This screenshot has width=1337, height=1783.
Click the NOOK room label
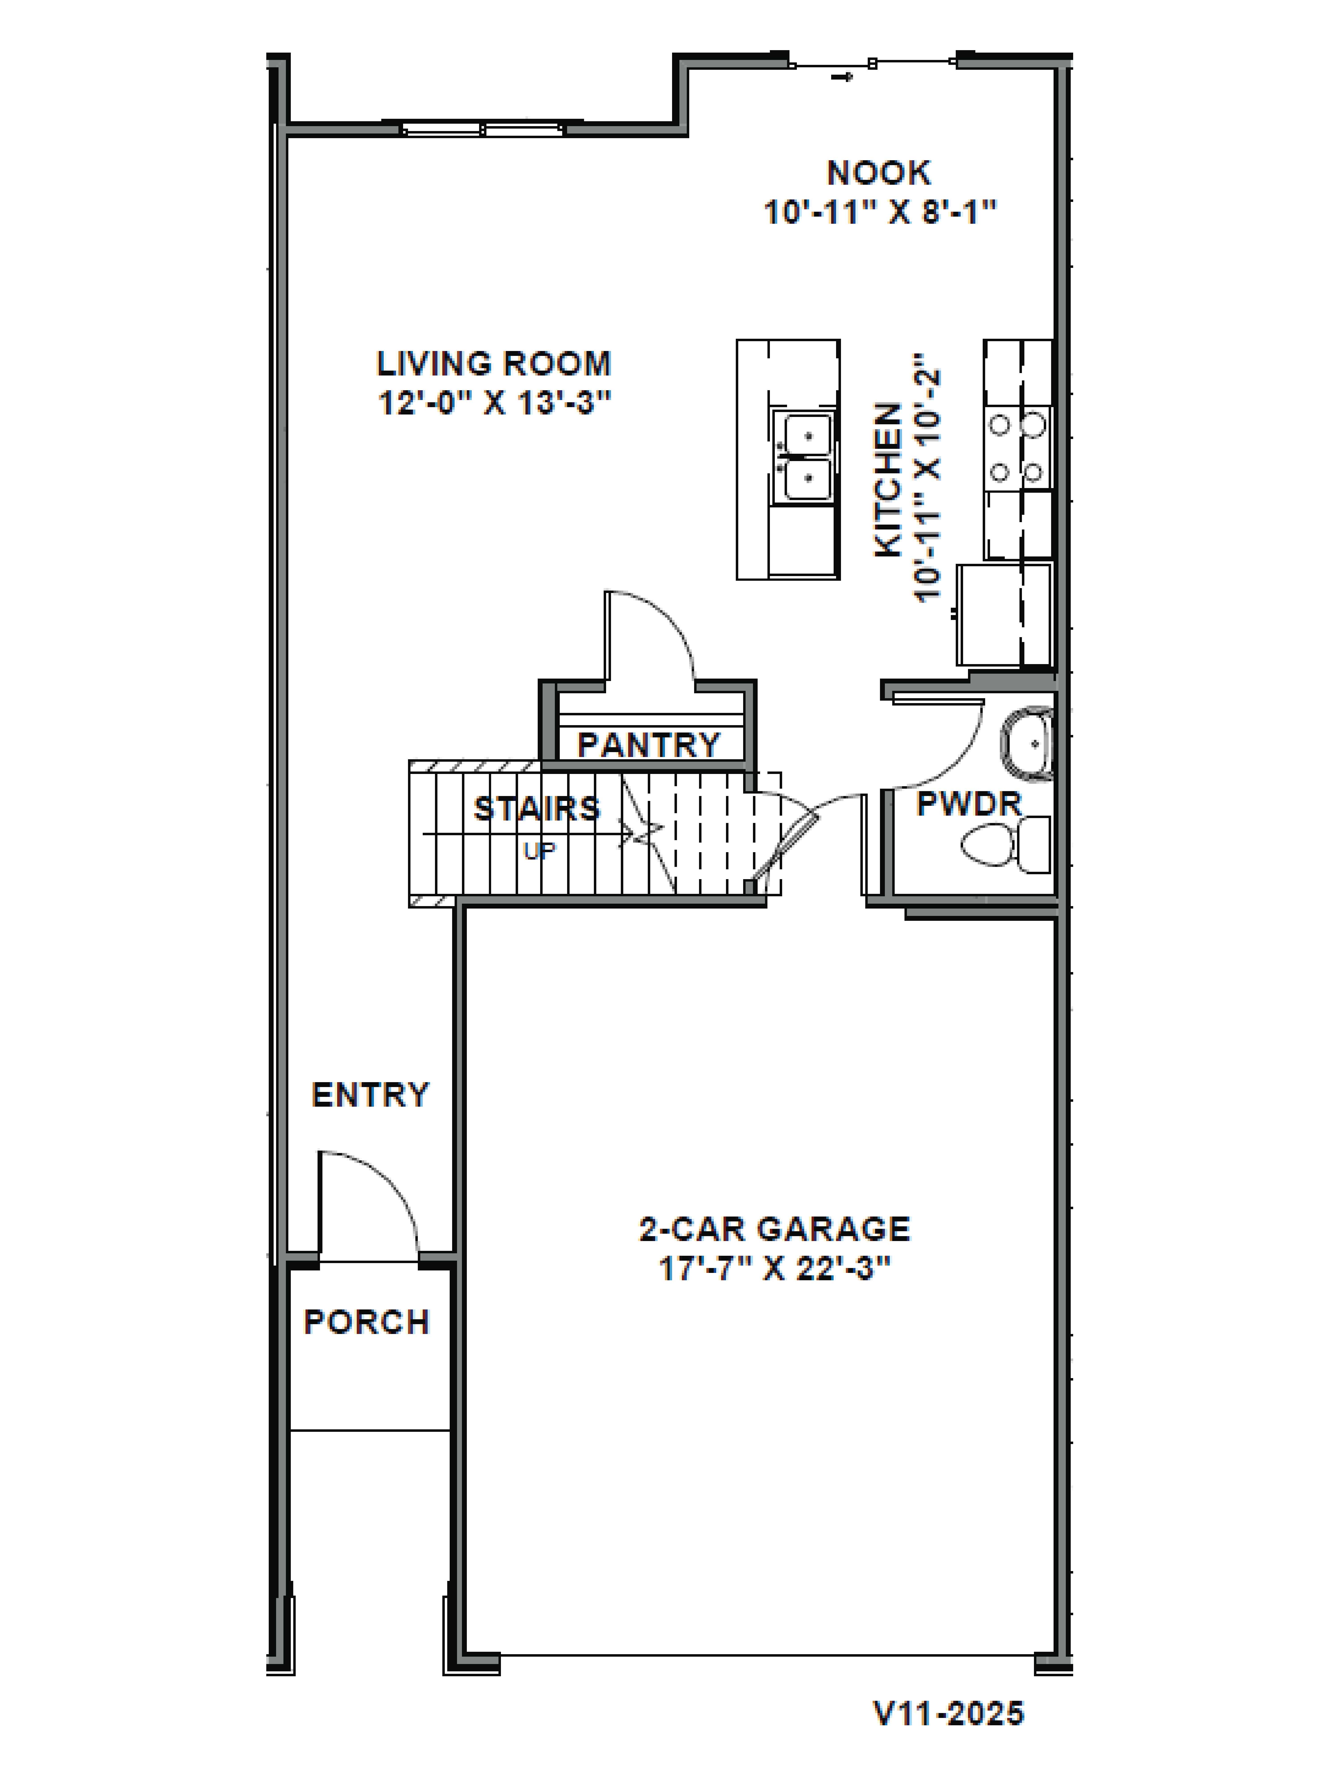tap(878, 173)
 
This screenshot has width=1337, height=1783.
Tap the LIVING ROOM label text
tap(493, 363)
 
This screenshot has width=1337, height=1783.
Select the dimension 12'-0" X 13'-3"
tap(493, 402)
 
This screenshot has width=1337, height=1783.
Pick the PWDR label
tap(969, 804)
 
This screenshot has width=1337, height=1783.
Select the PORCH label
tap(367, 1322)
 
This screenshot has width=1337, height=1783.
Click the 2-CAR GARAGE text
tap(775, 1229)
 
